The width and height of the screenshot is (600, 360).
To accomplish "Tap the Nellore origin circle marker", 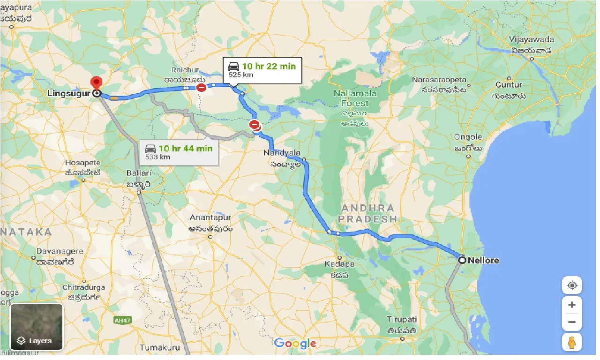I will tap(462, 260).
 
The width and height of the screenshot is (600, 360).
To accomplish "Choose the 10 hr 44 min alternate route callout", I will tap(179, 152).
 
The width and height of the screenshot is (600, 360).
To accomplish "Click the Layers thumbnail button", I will tap(37, 327).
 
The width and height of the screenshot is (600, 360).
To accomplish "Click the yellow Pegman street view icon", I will tap(571, 343).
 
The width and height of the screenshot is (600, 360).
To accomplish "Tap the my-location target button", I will tap(572, 285).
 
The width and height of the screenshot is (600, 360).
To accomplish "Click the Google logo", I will tap(295, 343).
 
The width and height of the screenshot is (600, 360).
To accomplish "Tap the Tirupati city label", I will tap(402, 319).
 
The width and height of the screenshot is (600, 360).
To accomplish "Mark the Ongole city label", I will tap(468, 137).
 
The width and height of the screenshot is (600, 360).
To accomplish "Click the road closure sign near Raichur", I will tap(201, 88).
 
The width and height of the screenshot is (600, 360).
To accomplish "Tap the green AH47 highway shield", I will tap(120, 320).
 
